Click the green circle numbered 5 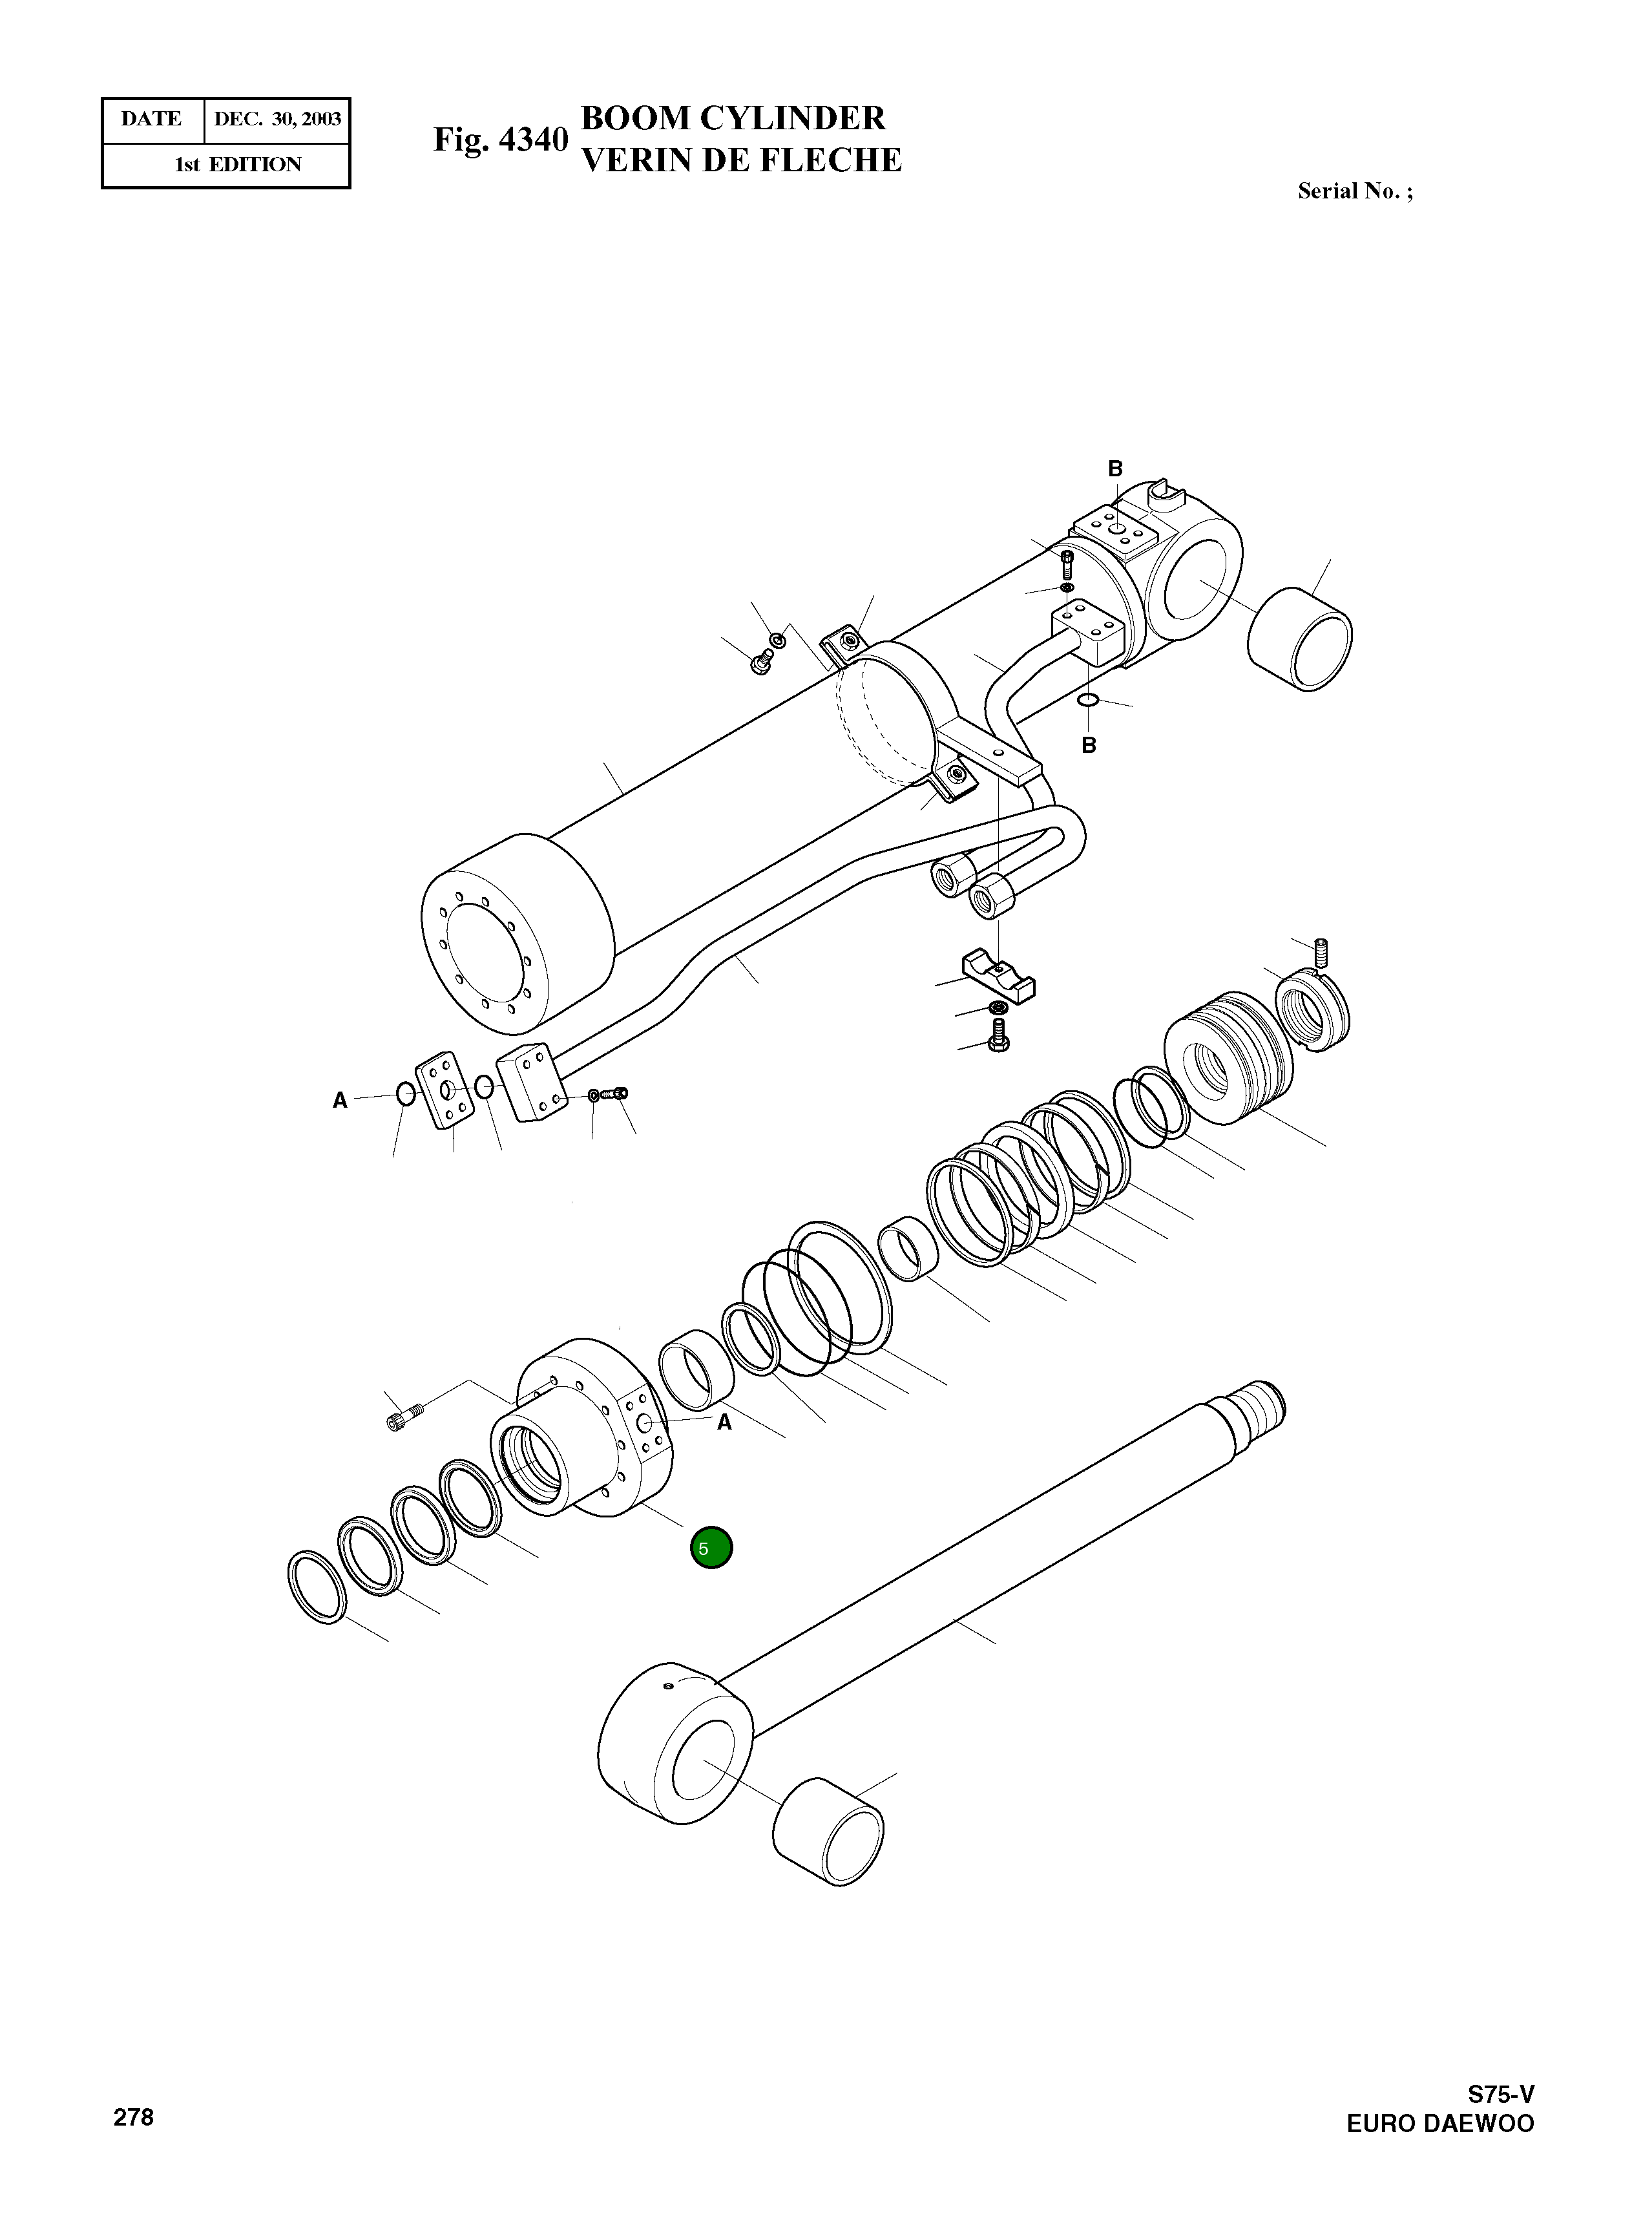coord(711,1548)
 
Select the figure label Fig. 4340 coord(501,140)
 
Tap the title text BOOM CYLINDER coord(733,118)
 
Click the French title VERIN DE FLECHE coord(741,160)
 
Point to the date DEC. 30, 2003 coord(278,120)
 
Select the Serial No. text coord(1354,192)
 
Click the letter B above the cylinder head coord(1115,469)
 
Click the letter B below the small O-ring coord(1089,745)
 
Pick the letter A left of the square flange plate coord(340,1101)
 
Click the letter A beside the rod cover coord(724,1422)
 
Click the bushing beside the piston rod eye coord(828,1832)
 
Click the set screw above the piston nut coord(1323,951)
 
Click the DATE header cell coord(152,120)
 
